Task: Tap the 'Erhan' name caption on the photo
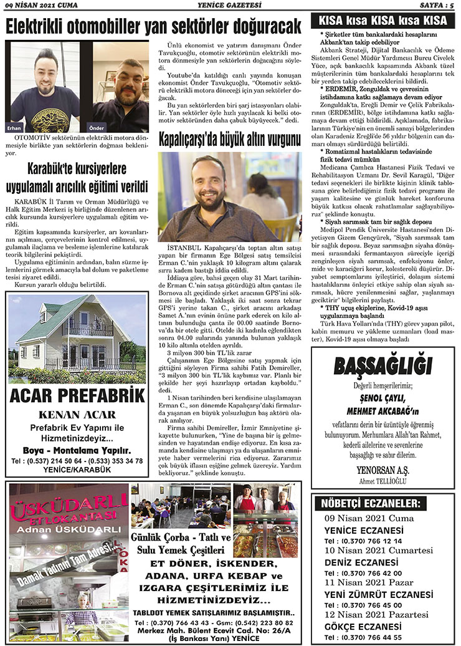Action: (15, 127)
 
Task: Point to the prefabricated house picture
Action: (77, 339)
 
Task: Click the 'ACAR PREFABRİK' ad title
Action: (77, 395)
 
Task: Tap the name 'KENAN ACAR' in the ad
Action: (77, 414)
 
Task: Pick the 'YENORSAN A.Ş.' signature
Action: (383, 471)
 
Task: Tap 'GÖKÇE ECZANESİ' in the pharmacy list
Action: (354, 626)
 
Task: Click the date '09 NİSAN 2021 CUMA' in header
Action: (38, 6)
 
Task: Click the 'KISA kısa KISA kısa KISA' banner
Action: (383, 21)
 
